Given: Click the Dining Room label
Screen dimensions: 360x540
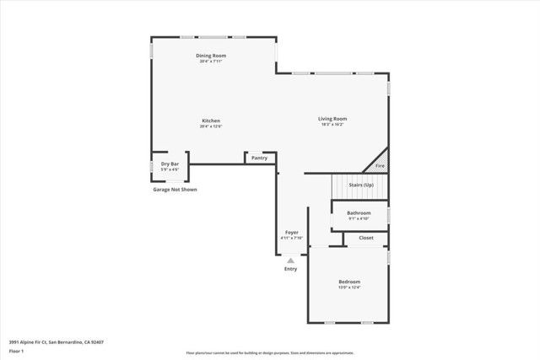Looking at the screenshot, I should (213, 56).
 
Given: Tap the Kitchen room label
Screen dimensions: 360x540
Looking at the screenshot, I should (211, 121).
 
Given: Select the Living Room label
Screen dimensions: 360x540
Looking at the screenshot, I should (332, 119).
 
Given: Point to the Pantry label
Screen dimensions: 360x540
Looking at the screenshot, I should (260, 158).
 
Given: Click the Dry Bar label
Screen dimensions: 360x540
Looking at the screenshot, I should (170, 164).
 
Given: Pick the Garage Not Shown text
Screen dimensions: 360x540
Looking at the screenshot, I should (174, 190).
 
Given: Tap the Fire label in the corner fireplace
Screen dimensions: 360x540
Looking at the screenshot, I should (380, 167).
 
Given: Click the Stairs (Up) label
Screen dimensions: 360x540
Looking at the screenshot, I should (361, 184).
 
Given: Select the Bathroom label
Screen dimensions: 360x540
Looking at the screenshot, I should (359, 213).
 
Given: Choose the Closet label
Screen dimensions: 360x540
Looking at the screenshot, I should (366, 238).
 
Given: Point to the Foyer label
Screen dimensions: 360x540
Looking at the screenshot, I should (291, 233).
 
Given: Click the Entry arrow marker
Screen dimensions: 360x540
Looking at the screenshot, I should (290, 261).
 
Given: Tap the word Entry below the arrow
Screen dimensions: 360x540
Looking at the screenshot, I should (290, 269).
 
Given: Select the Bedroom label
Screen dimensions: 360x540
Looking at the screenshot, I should (349, 282).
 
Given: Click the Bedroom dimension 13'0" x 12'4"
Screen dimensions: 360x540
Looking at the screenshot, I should (349, 287).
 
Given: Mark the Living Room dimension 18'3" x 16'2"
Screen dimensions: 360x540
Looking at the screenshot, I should (332, 125).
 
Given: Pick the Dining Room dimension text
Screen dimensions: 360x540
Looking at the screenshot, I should (213, 62).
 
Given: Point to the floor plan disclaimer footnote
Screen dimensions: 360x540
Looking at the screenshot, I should (270, 353).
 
